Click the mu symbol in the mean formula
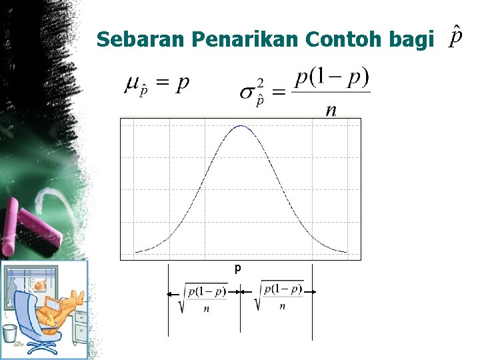click(132, 84)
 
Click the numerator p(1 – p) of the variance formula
click(331, 78)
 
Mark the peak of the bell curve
click(241, 126)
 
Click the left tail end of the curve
click(137, 251)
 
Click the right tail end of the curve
click(345, 251)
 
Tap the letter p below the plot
click(237, 268)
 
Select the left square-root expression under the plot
click(203, 297)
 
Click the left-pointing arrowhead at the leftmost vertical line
click(170, 293)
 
